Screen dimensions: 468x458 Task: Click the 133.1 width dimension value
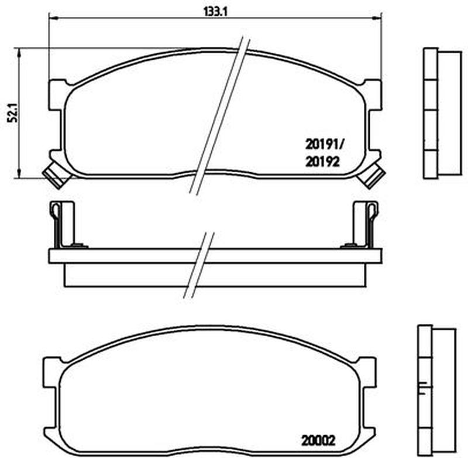point(215,12)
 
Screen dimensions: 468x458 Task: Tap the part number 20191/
point(325,145)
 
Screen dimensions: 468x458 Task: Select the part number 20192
point(322,162)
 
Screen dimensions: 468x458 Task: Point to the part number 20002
point(318,440)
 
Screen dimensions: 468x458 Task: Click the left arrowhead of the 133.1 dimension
point(53,18)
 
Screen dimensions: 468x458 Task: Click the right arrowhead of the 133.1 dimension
point(377,18)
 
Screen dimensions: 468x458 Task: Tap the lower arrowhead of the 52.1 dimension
point(19,174)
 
